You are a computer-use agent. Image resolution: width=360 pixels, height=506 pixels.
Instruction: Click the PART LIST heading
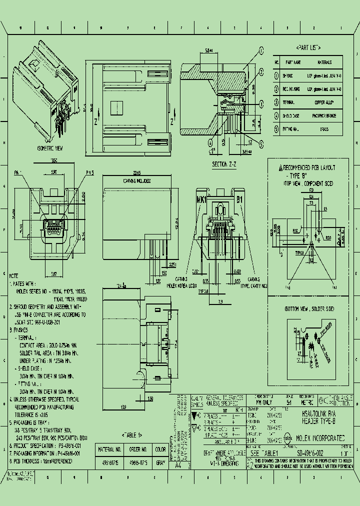click(308, 47)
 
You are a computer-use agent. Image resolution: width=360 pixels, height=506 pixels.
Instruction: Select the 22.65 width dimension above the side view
click(138, 173)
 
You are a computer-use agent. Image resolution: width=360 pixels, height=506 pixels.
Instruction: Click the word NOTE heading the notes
click(14, 275)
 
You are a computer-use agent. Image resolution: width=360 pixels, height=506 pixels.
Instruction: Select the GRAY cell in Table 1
click(160, 463)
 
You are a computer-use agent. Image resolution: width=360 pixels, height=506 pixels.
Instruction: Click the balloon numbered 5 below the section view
click(260, 142)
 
